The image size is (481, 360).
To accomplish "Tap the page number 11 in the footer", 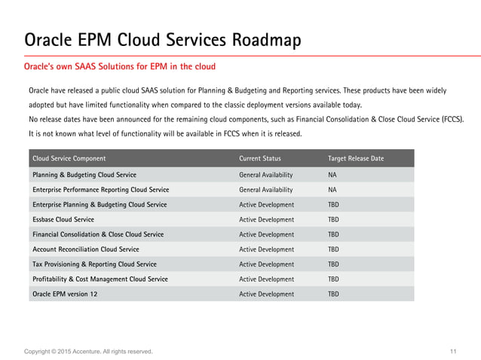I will click(x=452, y=352).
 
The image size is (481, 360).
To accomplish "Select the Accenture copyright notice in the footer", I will click(x=88, y=352).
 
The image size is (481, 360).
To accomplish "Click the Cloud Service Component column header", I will click(x=69, y=159).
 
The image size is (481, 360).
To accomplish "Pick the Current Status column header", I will click(x=260, y=159).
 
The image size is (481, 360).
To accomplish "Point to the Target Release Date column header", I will click(x=355, y=159).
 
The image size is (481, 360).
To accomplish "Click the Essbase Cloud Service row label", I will click(x=63, y=219).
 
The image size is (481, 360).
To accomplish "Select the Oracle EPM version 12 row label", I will click(x=65, y=294).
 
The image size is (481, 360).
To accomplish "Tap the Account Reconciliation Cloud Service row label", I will click(x=85, y=249).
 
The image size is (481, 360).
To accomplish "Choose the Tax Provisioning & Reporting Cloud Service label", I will click(x=94, y=264).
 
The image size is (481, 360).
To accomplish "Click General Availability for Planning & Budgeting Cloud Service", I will click(x=265, y=175).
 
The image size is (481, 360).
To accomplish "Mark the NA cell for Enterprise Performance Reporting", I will click(x=332, y=190).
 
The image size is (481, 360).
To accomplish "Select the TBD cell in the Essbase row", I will click(x=333, y=219).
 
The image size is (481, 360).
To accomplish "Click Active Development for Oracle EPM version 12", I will click(x=266, y=294).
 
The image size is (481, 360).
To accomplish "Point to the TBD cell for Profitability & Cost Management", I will click(x=333, y=279).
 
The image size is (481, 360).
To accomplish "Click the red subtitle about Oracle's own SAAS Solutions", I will click(x=120, y=67).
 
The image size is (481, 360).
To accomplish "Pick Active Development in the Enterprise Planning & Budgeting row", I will click(x=266, y=205).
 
